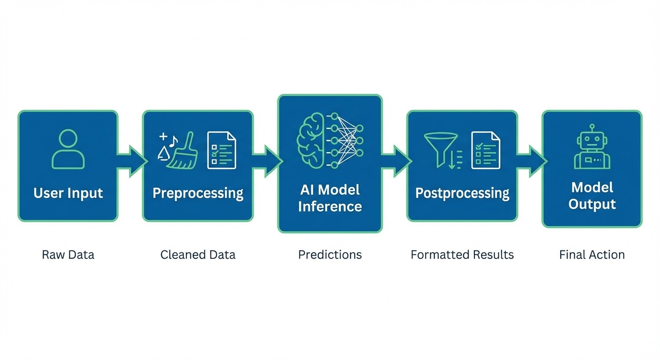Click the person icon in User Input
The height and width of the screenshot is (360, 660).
(x=68, y=150)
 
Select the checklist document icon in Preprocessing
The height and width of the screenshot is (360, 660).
(x=221, y=150)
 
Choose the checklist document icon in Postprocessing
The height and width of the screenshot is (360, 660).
(x=485, y=150)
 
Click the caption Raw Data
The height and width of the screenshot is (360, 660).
(x=68, y=255)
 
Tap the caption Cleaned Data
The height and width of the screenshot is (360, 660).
(x=198, y=255)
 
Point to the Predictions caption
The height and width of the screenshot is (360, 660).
(x=330, y=255)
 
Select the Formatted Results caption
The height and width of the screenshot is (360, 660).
(x=462, y=255)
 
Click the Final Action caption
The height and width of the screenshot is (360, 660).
(x=592, y=255)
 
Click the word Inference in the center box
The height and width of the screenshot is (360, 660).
(x=330, y=206)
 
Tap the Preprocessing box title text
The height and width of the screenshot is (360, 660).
(x=198, y=193)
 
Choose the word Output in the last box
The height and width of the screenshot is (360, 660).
(x=592, y=204)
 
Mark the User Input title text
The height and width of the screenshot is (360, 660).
(x=68, y=193)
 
